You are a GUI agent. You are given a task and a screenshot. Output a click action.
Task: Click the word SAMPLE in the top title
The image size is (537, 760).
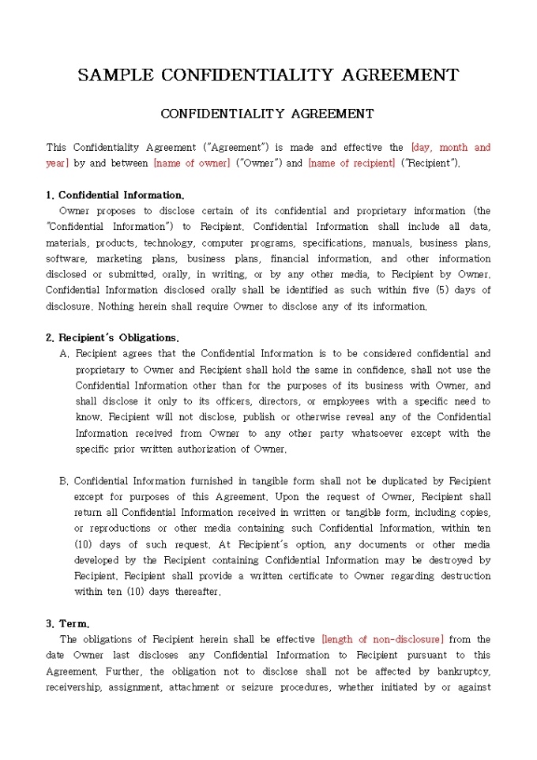point(115,75)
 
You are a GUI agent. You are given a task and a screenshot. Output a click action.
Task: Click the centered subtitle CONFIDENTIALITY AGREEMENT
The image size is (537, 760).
point(267,114)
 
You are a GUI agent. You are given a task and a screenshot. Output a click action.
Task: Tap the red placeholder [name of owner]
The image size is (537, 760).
point(192,164)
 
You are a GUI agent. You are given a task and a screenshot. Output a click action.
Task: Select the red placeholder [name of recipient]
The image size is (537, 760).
point(351,164)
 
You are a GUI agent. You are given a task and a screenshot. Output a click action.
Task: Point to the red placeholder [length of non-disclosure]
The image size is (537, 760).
point(383,639)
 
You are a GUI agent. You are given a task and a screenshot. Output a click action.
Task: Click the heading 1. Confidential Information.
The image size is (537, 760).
point(115,195)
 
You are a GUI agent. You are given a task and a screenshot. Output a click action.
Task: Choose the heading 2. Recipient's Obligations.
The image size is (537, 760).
point(112,337)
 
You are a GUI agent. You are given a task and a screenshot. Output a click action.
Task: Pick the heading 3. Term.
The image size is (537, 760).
point(68,623)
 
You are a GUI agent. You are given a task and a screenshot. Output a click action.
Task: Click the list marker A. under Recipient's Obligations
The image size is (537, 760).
point(65,354)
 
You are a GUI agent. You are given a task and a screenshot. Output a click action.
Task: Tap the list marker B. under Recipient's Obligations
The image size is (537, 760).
point(64,481)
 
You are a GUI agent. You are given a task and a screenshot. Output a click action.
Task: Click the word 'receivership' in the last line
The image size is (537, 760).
point(73,687)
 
